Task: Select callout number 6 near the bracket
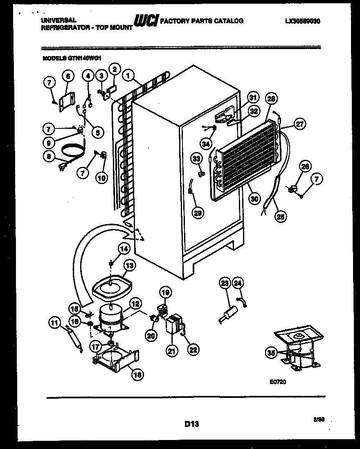click(67, 75)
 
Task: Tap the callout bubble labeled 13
click(129, 266)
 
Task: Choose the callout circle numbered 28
click(271, 99)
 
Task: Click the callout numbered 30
click(254, 198)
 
